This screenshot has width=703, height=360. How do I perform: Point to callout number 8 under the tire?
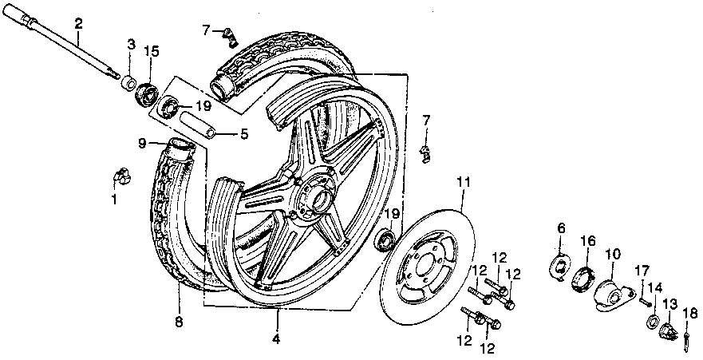tap(179, 322)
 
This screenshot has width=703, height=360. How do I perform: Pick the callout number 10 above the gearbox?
tap(613, 255)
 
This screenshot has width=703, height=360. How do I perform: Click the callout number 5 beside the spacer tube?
tap(244, 134)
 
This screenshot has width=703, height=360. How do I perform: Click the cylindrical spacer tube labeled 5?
tap(198, 126)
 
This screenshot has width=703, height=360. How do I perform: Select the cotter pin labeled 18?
tap(686, 337)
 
